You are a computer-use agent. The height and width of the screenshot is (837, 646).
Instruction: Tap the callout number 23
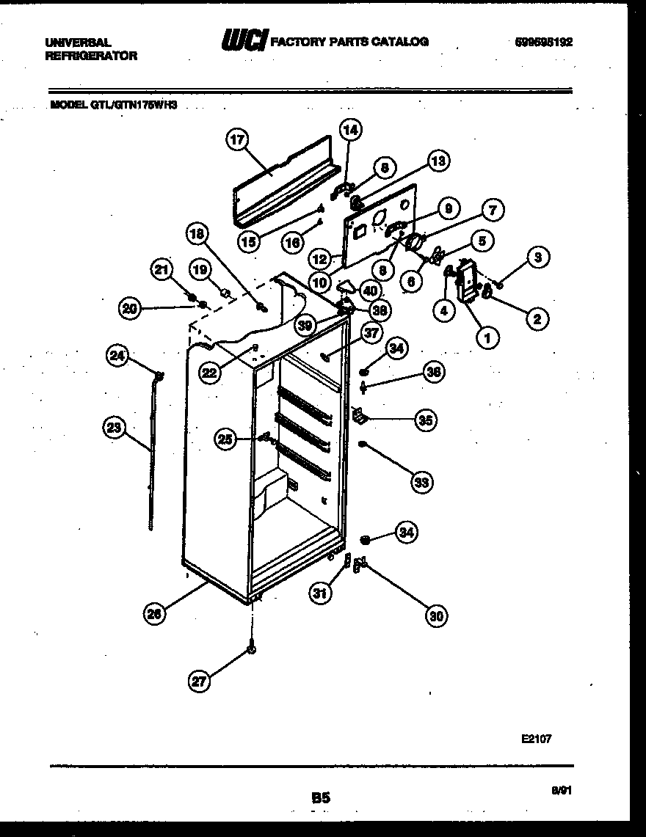(x=115, y=429)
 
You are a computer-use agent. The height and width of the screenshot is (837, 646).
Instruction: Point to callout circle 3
(x=538, y=257)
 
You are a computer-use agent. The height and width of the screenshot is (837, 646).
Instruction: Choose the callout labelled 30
(x=437, y=615)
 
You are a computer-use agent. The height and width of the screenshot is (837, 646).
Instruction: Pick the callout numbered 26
(x=155, y=615)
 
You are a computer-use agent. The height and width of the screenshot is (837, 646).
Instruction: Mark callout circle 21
(x=161, y=271)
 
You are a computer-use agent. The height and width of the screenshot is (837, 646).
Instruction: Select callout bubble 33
(x=421, y=482)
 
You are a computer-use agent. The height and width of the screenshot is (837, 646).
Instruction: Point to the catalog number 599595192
(x=543, y=42)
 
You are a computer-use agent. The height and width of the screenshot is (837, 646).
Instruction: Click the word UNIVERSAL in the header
(x=77, y=43)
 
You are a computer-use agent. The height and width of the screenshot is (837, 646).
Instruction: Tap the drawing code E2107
(x=536, y=739)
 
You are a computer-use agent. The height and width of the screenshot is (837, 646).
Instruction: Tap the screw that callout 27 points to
(x=253, y=650)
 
